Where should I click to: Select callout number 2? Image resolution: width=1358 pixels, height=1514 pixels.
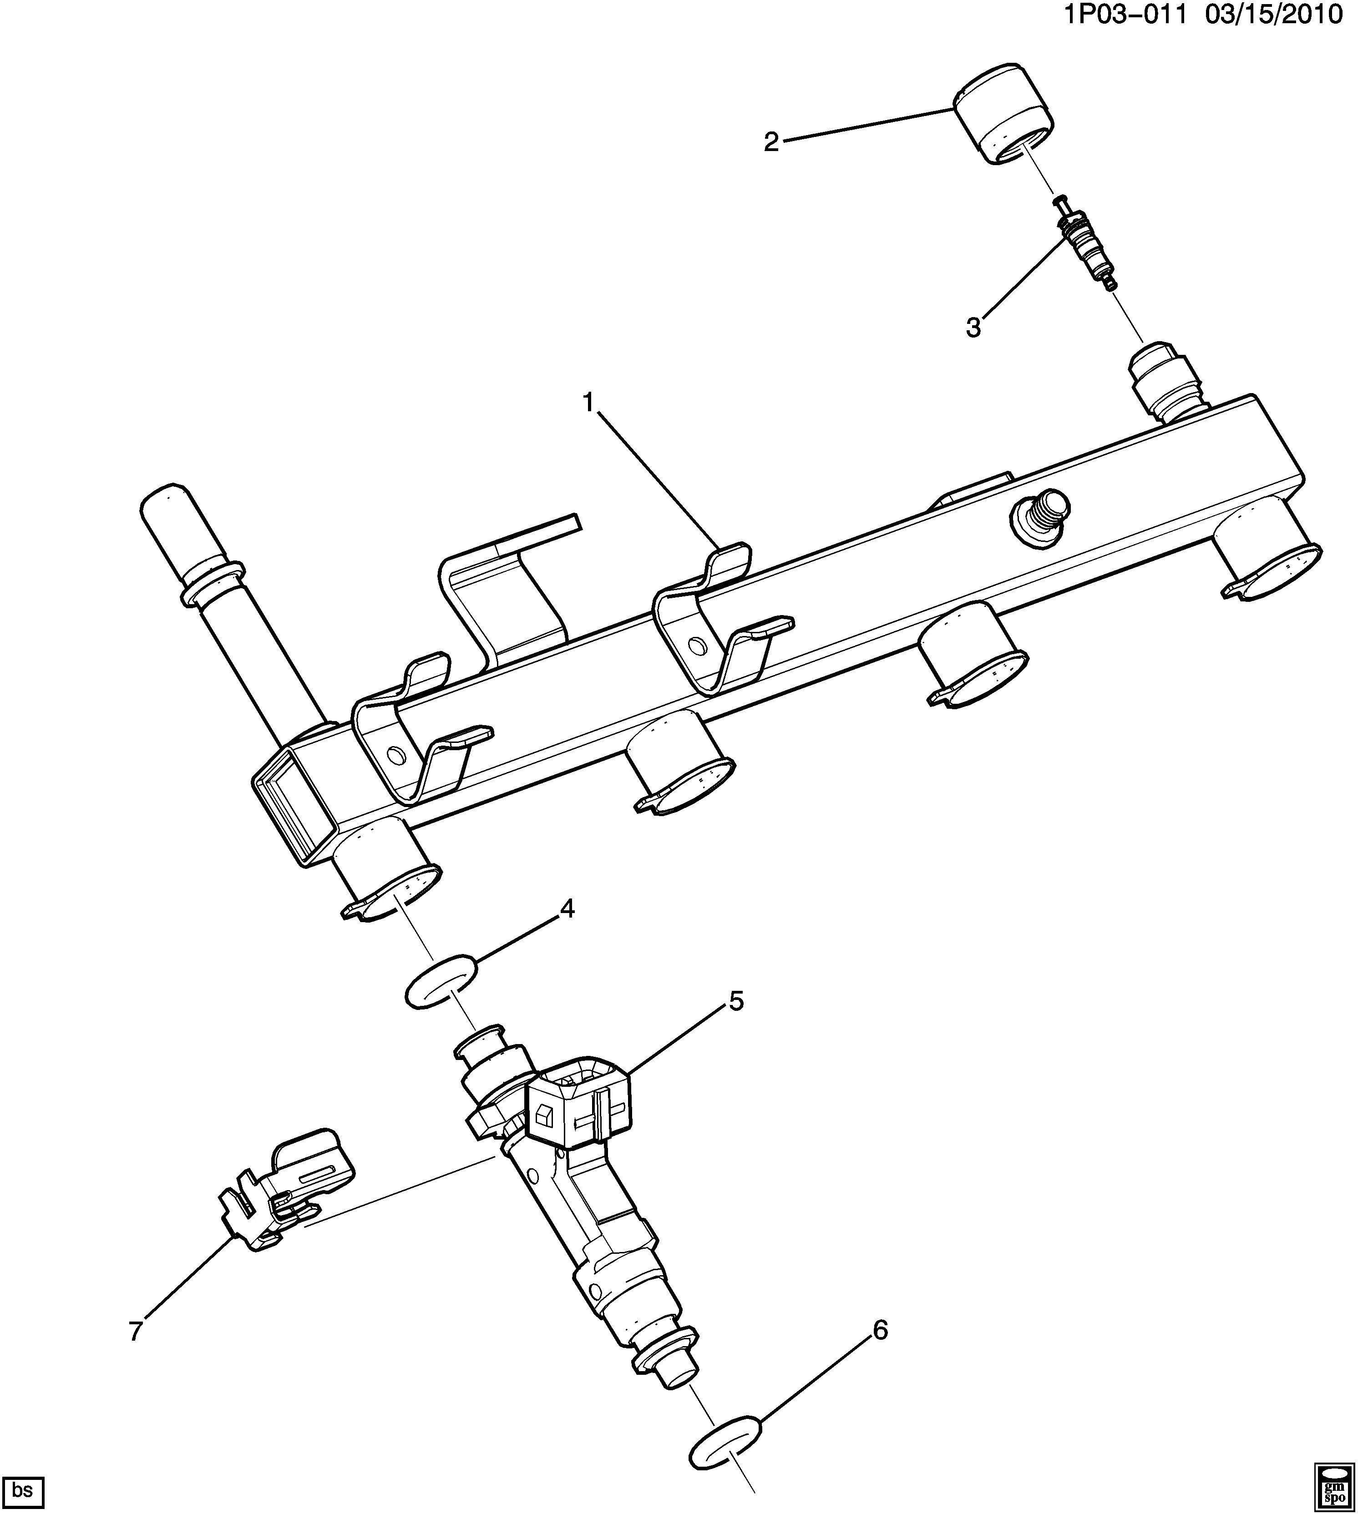(771, 141)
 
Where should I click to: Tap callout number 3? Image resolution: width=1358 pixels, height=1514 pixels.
(974, 327)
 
